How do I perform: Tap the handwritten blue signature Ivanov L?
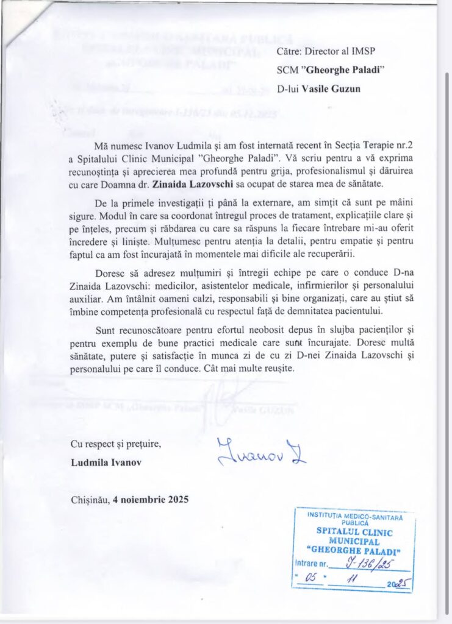(x=262, y=452)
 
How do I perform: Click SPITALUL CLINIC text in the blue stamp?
(x=353, y=531)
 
